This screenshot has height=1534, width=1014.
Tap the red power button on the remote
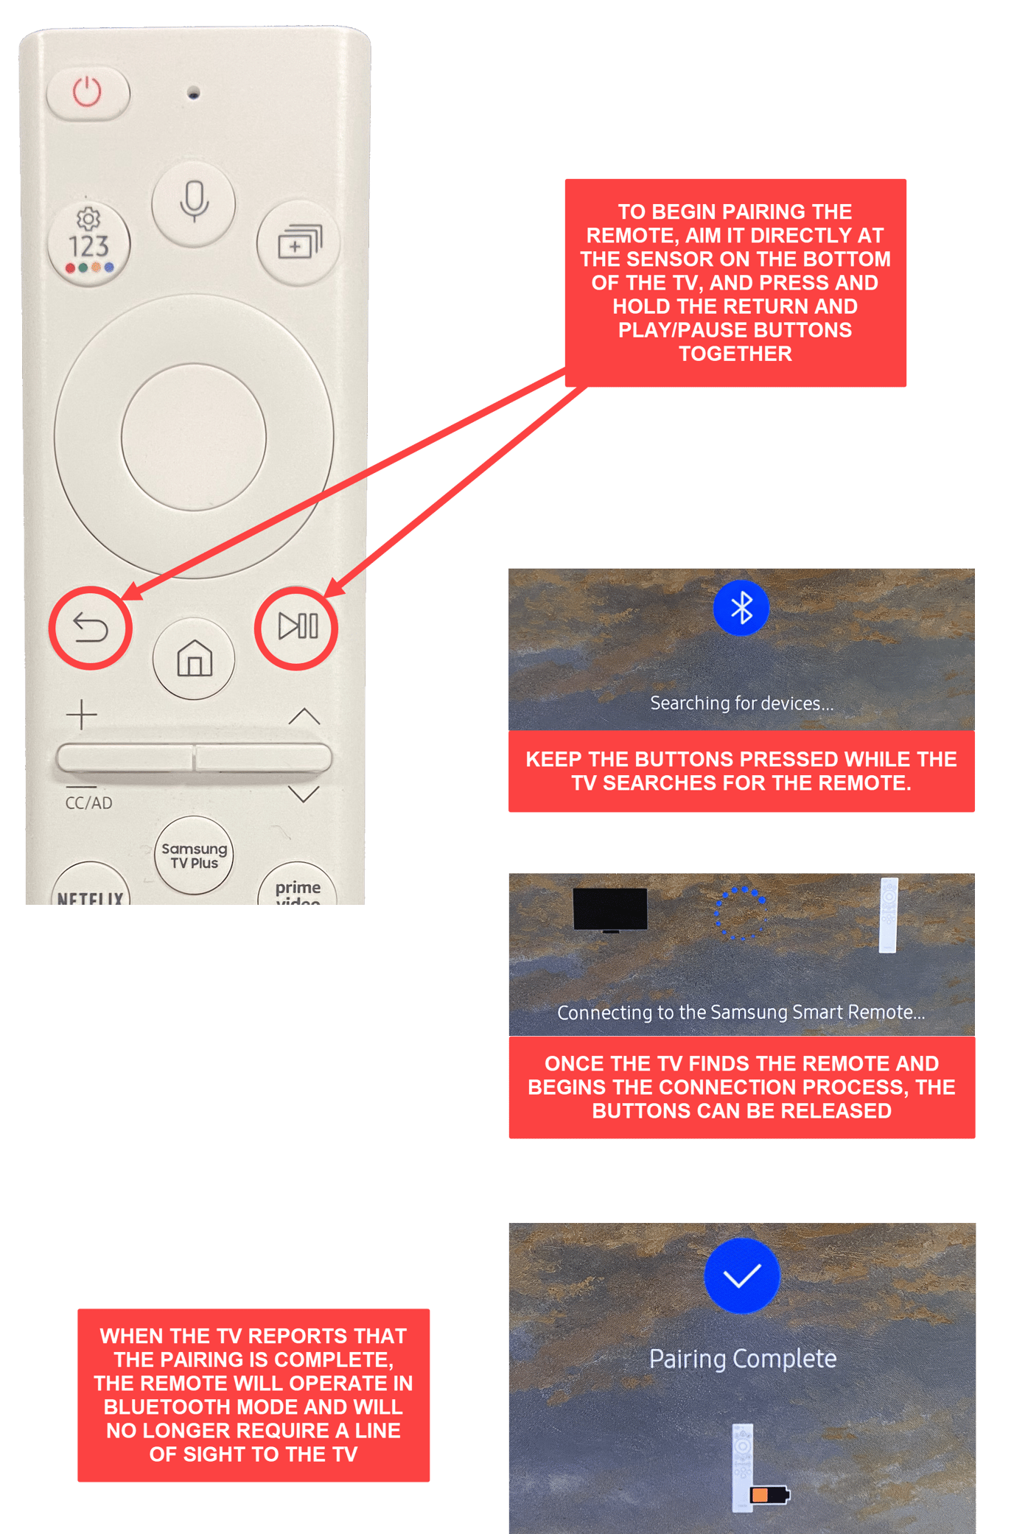(87, 93)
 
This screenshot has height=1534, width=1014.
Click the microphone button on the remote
(194, 202)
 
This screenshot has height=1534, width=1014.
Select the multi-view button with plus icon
(298, 242)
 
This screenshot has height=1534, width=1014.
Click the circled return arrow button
(91, 628)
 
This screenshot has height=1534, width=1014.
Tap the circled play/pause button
(297, 627)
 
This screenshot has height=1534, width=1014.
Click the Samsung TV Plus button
(194, 855)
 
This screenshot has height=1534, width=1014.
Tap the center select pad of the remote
(194, 436)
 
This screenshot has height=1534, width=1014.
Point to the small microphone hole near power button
(194, 93)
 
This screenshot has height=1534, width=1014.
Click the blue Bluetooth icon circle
(741, 608)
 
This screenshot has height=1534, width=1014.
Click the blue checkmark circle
(742, 1276)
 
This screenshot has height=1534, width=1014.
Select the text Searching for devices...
(741, 704)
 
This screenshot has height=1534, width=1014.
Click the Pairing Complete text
(742, 1359)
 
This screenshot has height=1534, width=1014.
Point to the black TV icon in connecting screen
(610, 909)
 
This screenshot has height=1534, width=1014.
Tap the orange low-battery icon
(769, 1494)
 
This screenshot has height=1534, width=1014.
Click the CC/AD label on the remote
(88, 803)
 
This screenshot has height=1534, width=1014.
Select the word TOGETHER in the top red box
(735, 354)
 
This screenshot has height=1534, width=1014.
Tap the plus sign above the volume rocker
(82, 715)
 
